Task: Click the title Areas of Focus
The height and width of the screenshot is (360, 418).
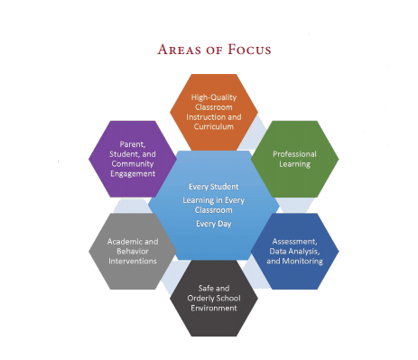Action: pos(214,47)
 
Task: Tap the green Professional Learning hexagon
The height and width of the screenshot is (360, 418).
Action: pos(293,159)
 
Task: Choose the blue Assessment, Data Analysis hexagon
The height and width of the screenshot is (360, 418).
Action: pos(293,251)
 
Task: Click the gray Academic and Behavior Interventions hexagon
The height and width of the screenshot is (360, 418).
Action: pos(134,251)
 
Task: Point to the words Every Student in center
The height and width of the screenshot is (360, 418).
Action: pos(214,187)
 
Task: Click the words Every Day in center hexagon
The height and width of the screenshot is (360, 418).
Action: pos(214,221)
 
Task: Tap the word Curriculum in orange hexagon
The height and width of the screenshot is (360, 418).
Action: pos(214,126)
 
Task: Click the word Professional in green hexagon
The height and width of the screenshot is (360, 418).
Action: pos(293,153)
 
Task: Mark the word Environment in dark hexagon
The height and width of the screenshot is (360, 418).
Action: pos(213,308)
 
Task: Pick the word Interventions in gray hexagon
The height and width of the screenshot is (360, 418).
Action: pos(134,261)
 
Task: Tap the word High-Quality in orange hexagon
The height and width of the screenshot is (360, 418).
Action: pos(213,97)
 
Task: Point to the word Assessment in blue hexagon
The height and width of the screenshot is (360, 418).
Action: pos(294,241)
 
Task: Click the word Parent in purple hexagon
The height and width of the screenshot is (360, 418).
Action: pos(134,143)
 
